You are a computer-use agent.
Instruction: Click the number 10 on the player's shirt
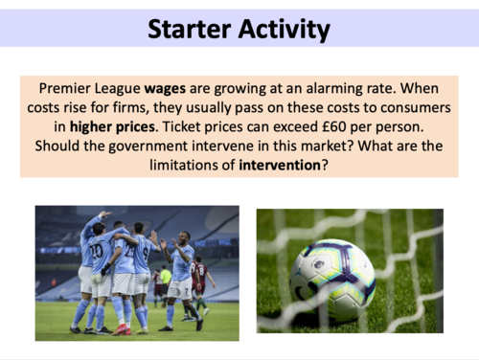97,251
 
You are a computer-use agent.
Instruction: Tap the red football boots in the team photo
121,328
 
